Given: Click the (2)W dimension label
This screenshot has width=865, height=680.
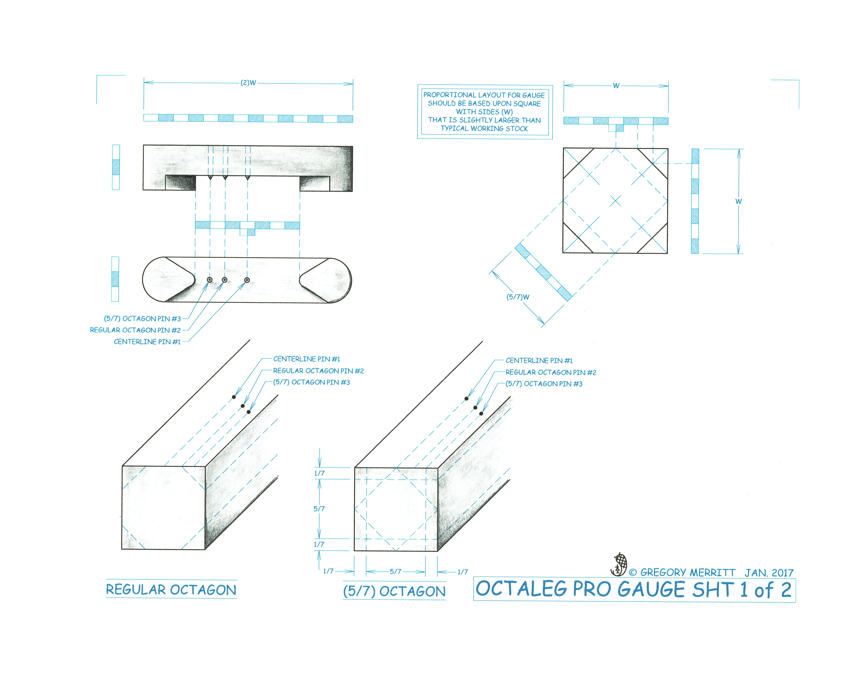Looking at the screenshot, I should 248,83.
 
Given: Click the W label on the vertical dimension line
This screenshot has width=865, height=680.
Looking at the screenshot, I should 738,201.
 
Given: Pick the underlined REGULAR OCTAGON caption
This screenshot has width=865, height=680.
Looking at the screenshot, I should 171,590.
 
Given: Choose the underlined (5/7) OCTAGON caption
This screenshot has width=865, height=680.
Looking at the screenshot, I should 394,591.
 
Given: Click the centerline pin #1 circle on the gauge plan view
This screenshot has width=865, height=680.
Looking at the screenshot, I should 247,280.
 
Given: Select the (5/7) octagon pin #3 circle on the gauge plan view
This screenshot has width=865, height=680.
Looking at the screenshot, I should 210,280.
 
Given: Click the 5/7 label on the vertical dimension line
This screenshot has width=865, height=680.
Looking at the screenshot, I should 319,509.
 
